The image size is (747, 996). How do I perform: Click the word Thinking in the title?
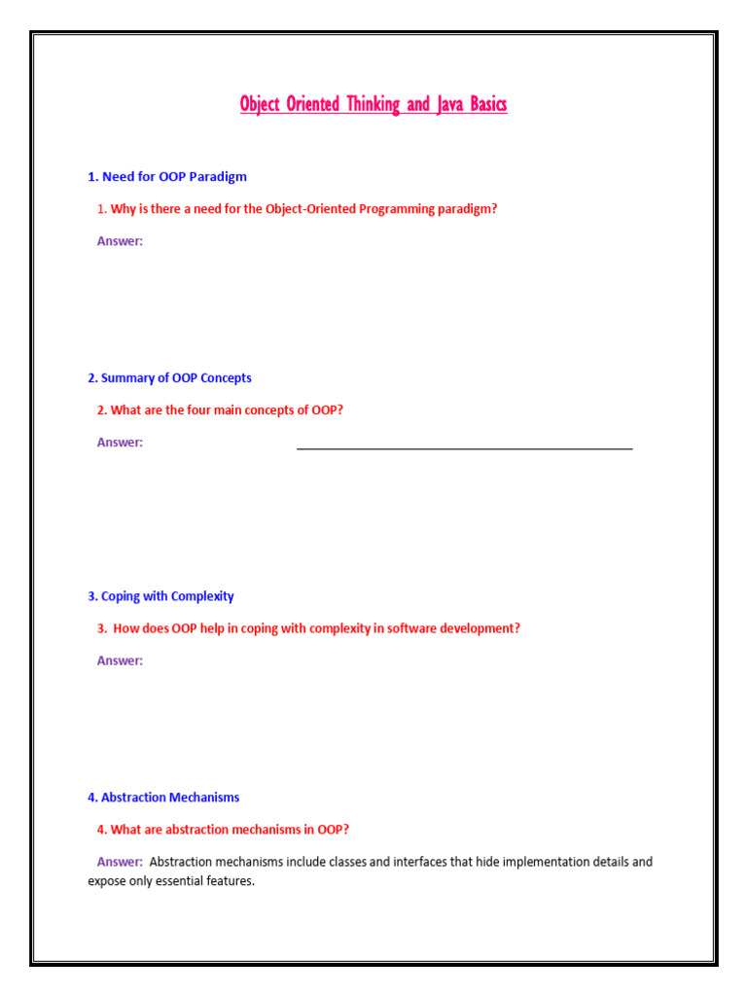pyautogui.click(x=373, y=104)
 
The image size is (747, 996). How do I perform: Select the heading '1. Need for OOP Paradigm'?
pyautogui.click(x=167, y=177)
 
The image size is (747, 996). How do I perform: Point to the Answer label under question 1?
pyautogui.click(x=120, y=241)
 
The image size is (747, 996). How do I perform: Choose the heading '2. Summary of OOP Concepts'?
pyautogui.click(x=169, y=377)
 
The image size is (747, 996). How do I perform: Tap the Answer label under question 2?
pyautogui.click(x=120, y=443)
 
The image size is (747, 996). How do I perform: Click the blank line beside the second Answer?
pyautogui.click(x=464, y=447)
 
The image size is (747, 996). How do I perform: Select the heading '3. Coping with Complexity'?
pyautogui.click(x=160, y=596)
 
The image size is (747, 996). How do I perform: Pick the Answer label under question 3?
pyautogui.click(x=120, y=660)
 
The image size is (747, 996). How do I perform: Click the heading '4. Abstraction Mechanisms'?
pyautogui.click(x=163, y=798)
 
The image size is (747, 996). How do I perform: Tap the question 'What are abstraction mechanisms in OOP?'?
pyautogui.click(x=230, y=830)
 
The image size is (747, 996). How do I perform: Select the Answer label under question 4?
pyautogui.click(x=120, y=862)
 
